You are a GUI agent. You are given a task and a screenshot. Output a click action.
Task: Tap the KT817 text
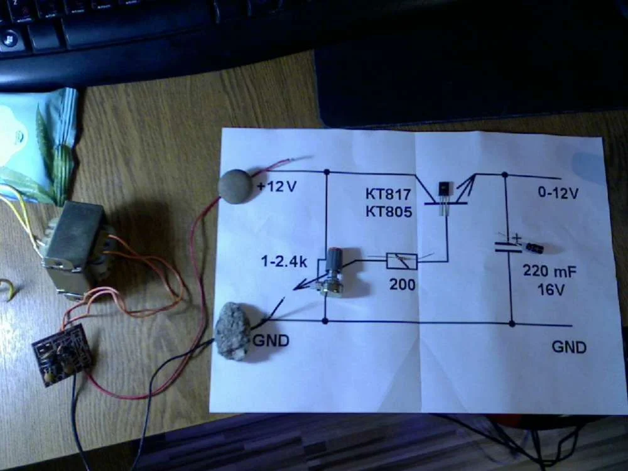[388, 195]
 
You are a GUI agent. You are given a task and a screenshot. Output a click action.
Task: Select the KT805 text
[388, 212]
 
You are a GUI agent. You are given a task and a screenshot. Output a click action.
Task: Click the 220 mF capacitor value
[550, 272]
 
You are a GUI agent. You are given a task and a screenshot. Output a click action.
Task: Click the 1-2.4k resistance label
[284, 261]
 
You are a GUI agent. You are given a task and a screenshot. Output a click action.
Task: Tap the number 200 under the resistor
[402, 284]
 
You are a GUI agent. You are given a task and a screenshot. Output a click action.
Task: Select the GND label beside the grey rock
[271, 341]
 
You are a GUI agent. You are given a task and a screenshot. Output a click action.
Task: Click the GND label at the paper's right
[568, 347]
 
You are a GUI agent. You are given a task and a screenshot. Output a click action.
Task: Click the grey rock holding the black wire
[233, 332]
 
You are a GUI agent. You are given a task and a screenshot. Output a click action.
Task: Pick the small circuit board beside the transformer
[62, 354]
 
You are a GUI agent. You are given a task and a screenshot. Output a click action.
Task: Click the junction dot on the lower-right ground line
[512, 324]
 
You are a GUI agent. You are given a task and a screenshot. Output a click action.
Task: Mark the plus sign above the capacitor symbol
[517, 238]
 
